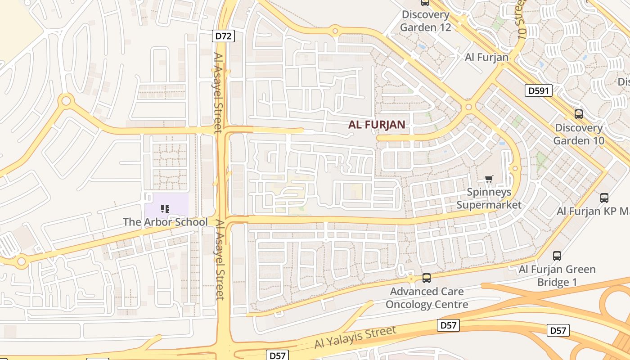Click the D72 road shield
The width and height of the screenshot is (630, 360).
coord(223,36)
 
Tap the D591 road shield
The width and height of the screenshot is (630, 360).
coord(538,91)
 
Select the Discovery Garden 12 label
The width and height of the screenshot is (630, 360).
coord(425,21)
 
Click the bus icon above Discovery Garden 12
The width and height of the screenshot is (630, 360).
coord(425,3)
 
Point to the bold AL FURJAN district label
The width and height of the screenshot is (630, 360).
coord(377,125)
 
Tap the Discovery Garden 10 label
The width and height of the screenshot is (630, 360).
coord(579,134)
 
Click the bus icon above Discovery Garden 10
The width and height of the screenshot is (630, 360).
coord(579,114)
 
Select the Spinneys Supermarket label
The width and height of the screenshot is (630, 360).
coord(489,198)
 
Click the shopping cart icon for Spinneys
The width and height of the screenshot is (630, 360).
coord(489,179)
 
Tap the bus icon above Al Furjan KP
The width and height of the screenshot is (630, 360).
coord(604,198)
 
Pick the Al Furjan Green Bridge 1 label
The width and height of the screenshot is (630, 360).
coord(557,276)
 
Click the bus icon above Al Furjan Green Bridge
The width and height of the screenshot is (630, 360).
coord(557,256)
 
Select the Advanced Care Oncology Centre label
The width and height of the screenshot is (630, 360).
coord(427,298)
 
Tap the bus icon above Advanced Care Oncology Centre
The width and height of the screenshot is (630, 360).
coord(427,278)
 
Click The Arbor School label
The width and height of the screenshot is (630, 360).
coord(165,222)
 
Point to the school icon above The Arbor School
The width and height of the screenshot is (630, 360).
coord(165,208)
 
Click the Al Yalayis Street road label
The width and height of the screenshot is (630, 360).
coord(355,337)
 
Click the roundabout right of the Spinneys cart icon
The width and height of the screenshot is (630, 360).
coord(516,169)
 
